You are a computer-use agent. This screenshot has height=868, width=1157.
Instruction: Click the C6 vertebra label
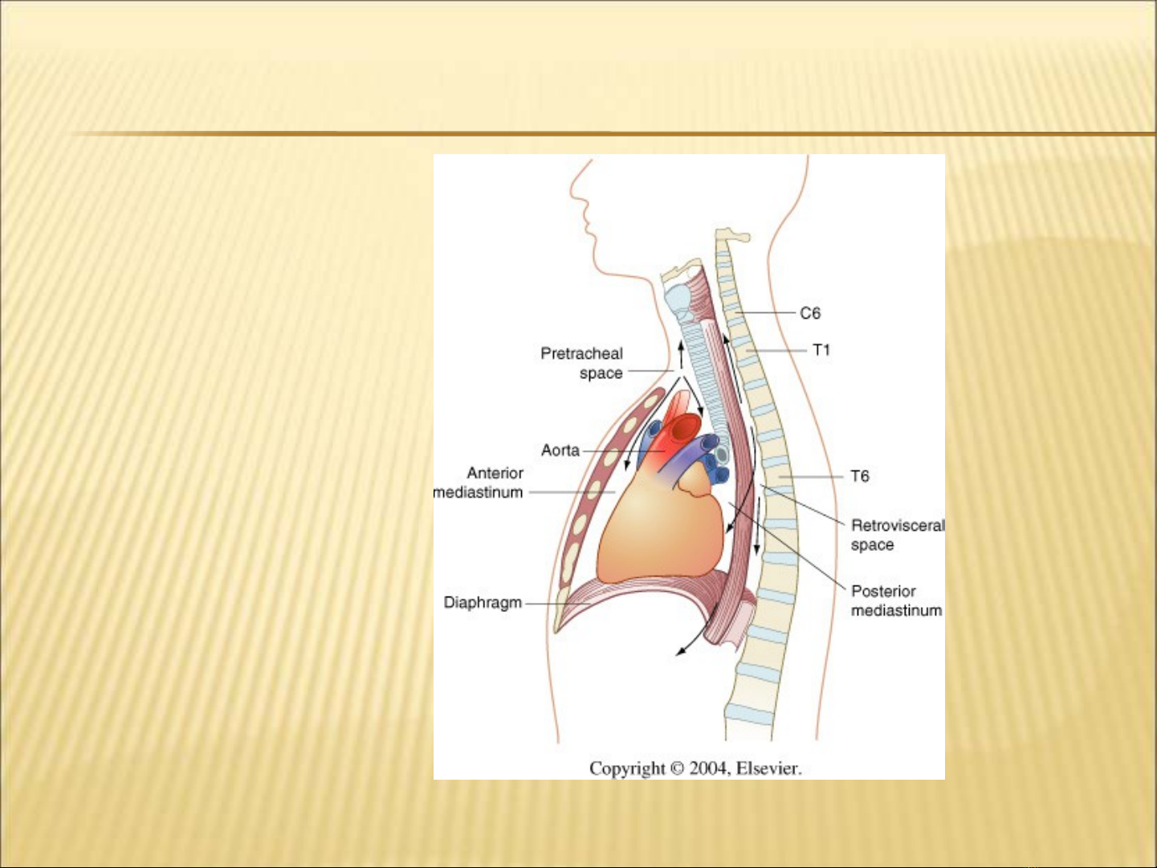coord(810,313)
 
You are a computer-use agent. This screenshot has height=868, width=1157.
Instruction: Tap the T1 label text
coord(821,350)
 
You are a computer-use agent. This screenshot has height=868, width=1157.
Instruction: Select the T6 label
coord(860,476)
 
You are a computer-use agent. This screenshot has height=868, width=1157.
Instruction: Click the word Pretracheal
coord(581,353)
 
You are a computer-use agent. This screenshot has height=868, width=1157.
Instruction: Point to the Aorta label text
coord(560,450)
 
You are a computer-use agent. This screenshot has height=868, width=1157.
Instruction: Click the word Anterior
coord(495,473)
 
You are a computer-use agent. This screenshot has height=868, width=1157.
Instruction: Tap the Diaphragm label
coord(483,602)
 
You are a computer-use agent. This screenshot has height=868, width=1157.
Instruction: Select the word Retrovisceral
coord(898,525)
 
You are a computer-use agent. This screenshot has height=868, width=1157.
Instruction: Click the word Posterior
coord(883,591)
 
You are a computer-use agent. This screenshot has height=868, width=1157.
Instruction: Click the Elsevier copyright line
coord(695,768)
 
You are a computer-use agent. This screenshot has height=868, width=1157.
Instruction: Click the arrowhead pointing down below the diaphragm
coord(682,653)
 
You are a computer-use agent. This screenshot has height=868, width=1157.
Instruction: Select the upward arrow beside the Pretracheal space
coord(681,354)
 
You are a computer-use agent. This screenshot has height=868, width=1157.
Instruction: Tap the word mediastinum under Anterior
coord(478,492)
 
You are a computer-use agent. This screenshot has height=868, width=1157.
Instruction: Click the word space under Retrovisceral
coord(872,544)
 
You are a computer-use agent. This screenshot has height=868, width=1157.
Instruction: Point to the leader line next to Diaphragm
coord(567,604)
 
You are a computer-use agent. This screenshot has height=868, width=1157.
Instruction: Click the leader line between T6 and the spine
coord(811,477)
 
